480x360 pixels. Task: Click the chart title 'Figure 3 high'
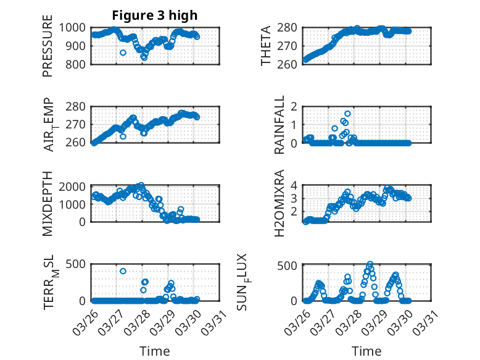pos(155,15)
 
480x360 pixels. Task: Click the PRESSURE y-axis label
pos(48,50)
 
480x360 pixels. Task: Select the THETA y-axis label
pos(267,46)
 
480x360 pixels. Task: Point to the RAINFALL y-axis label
pos(279,125)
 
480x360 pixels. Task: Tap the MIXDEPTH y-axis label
pos(48,204)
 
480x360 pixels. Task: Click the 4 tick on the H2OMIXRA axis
pos(296,185)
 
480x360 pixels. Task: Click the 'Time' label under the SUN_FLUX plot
pos(366,351)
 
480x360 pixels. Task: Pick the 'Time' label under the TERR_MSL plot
pos(155,351)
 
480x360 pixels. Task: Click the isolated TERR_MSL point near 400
pos(123,271)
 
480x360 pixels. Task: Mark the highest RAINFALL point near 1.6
pos(348,114)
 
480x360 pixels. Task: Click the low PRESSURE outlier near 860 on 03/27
pos(123,53)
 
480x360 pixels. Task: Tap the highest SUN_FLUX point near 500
pos(370,264)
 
